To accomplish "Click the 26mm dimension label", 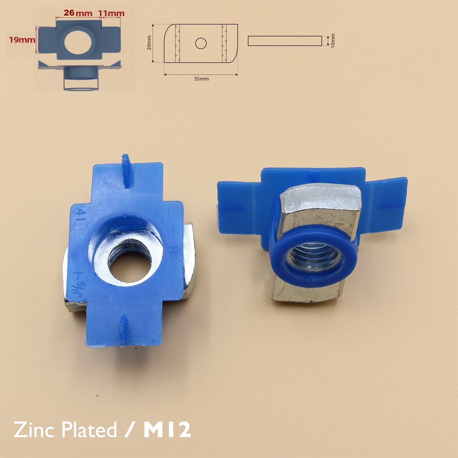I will pyautogui.click(x=78, y=13).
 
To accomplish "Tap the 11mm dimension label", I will pyautogui.click(x=111, y=13).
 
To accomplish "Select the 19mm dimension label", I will pyautogui.click(x=22, y=40).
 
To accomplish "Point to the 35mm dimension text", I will pyautogui.click(x=201, y=79).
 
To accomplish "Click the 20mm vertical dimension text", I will pyautogui.click(x=149, y=43).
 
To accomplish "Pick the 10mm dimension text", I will pyautogui.click(x=332, y=41).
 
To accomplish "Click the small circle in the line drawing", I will pyautogui.click(x=201, y=43).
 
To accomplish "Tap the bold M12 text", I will pyautogui.click(x=167, y=430).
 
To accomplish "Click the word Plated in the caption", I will pyautogui.click(x=89, y=430).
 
